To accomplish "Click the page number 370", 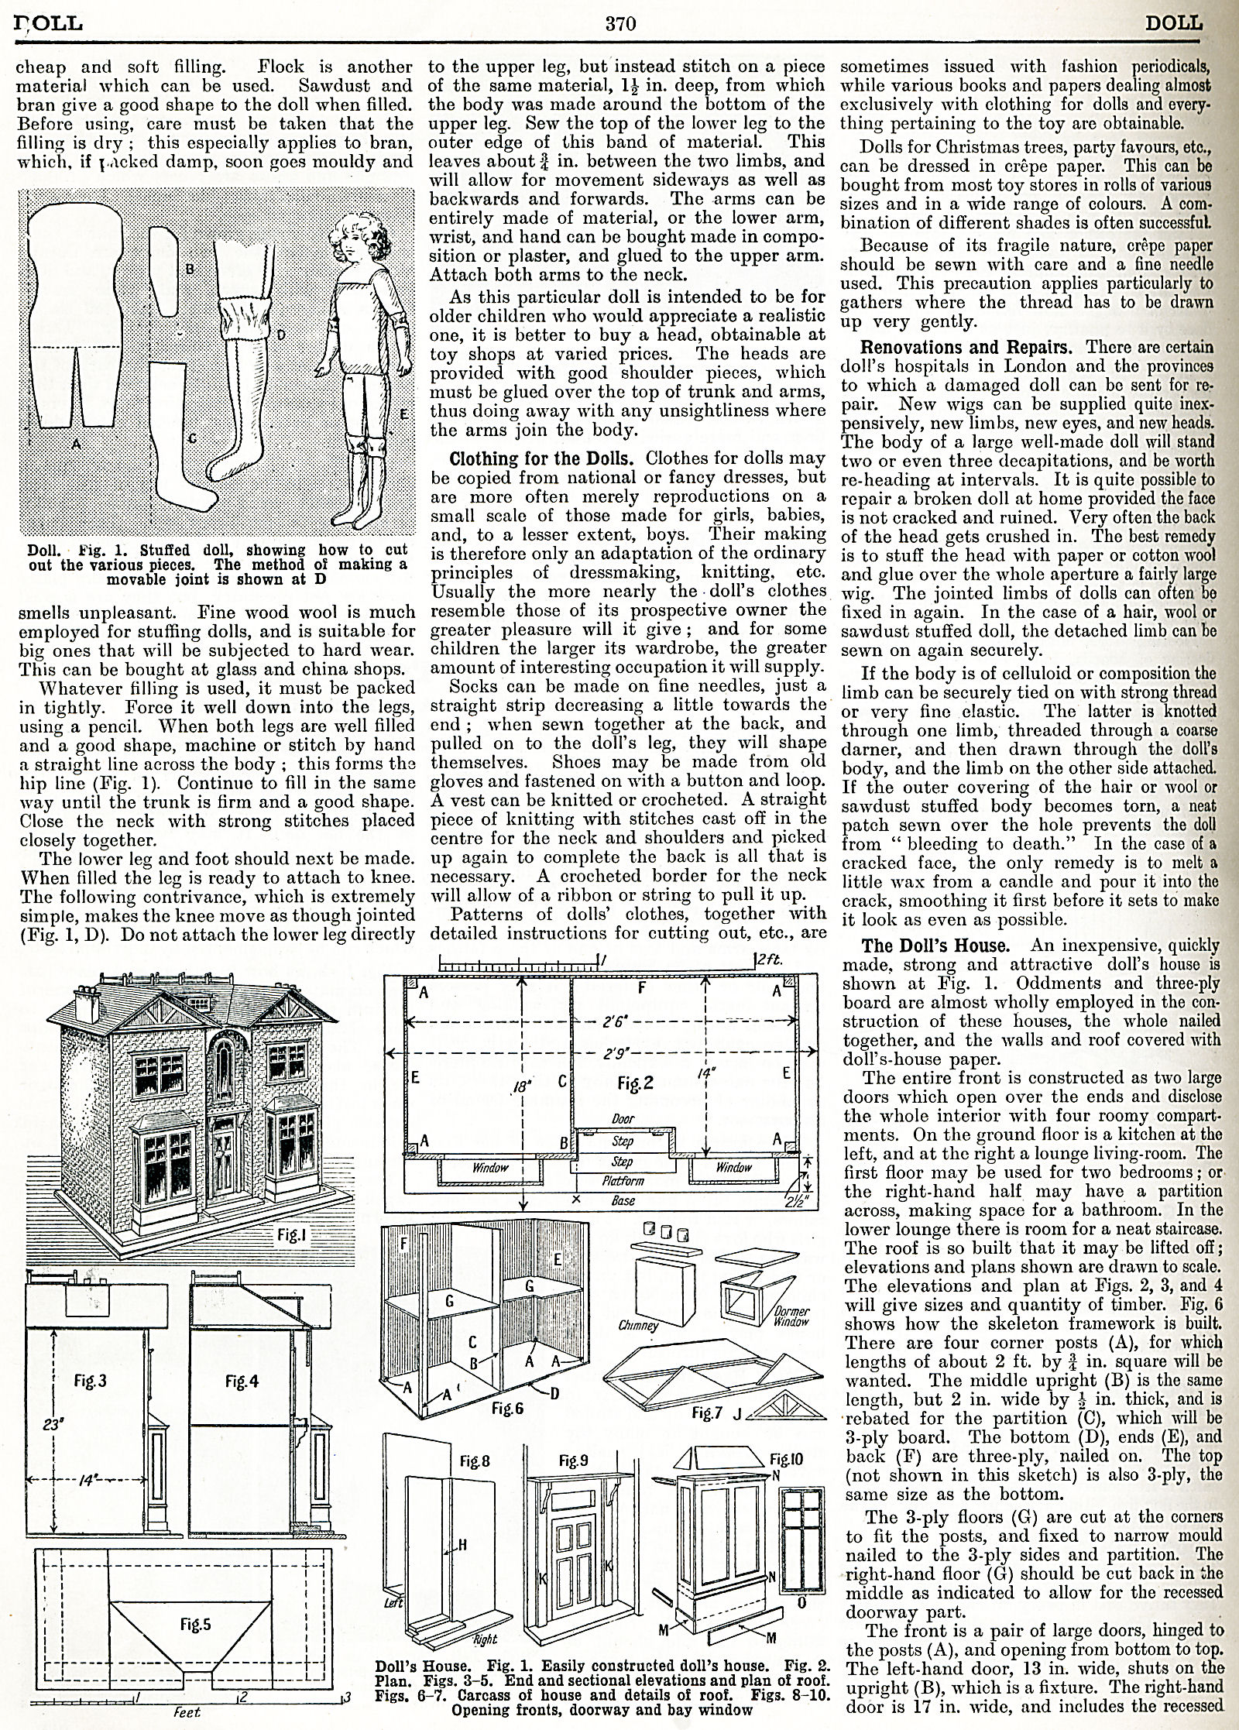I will coord(619,23).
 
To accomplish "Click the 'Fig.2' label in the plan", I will coord(636,1083).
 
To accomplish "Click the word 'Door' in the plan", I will coord(623,1120).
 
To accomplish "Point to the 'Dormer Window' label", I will coord(791,1315).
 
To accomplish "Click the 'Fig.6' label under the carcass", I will coord(507,1408).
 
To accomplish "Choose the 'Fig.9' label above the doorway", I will coord(572,1461).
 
